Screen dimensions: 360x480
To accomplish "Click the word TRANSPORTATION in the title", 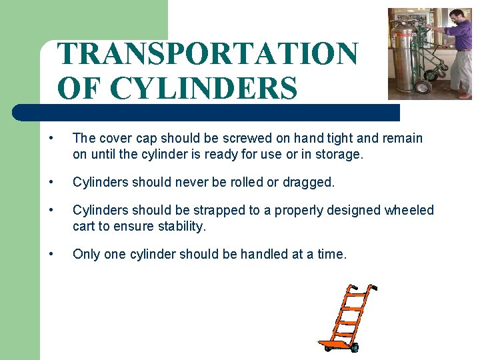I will (x=207, y=54).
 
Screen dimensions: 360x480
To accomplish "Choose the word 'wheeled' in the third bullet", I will (x=409, y=211).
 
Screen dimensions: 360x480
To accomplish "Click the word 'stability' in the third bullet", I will (x=180, y=227).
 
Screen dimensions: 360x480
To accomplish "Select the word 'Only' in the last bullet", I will (x=86, y=254).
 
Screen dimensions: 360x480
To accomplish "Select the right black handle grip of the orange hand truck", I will (x=373, y=288).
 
